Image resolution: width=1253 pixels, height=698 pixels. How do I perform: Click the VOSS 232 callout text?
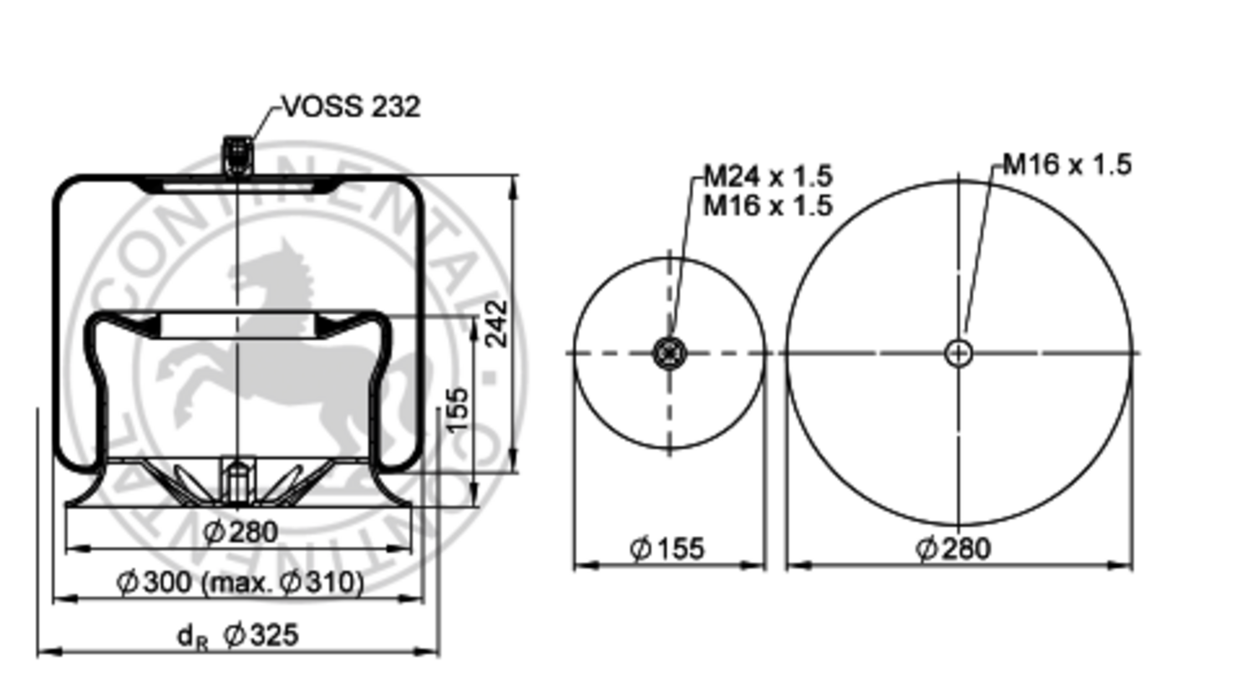(351, 107)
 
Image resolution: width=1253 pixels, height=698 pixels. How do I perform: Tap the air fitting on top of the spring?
(238, 155)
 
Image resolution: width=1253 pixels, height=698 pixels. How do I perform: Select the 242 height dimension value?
(496, 323)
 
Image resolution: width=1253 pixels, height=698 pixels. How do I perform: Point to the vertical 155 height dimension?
(457, 410)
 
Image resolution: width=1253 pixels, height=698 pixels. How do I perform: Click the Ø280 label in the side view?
(240, 532)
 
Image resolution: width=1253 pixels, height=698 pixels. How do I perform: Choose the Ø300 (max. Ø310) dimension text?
(240, 582)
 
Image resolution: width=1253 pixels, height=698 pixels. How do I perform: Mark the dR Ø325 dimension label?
(238, 635)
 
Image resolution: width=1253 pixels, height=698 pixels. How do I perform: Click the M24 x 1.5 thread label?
(767, 176)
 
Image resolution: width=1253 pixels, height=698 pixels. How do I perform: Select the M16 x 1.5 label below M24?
(767, 205)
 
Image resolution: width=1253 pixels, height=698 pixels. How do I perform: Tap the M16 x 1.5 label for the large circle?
(1067, 165)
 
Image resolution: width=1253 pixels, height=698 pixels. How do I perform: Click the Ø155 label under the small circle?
(667, 549)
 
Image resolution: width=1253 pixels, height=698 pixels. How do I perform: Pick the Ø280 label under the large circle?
(953, 549)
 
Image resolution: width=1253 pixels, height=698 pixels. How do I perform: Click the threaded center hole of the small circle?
(669, 353)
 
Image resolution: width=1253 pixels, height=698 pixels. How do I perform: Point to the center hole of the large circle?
(958, 353)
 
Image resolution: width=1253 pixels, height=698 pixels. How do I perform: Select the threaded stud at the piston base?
(238, 477)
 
